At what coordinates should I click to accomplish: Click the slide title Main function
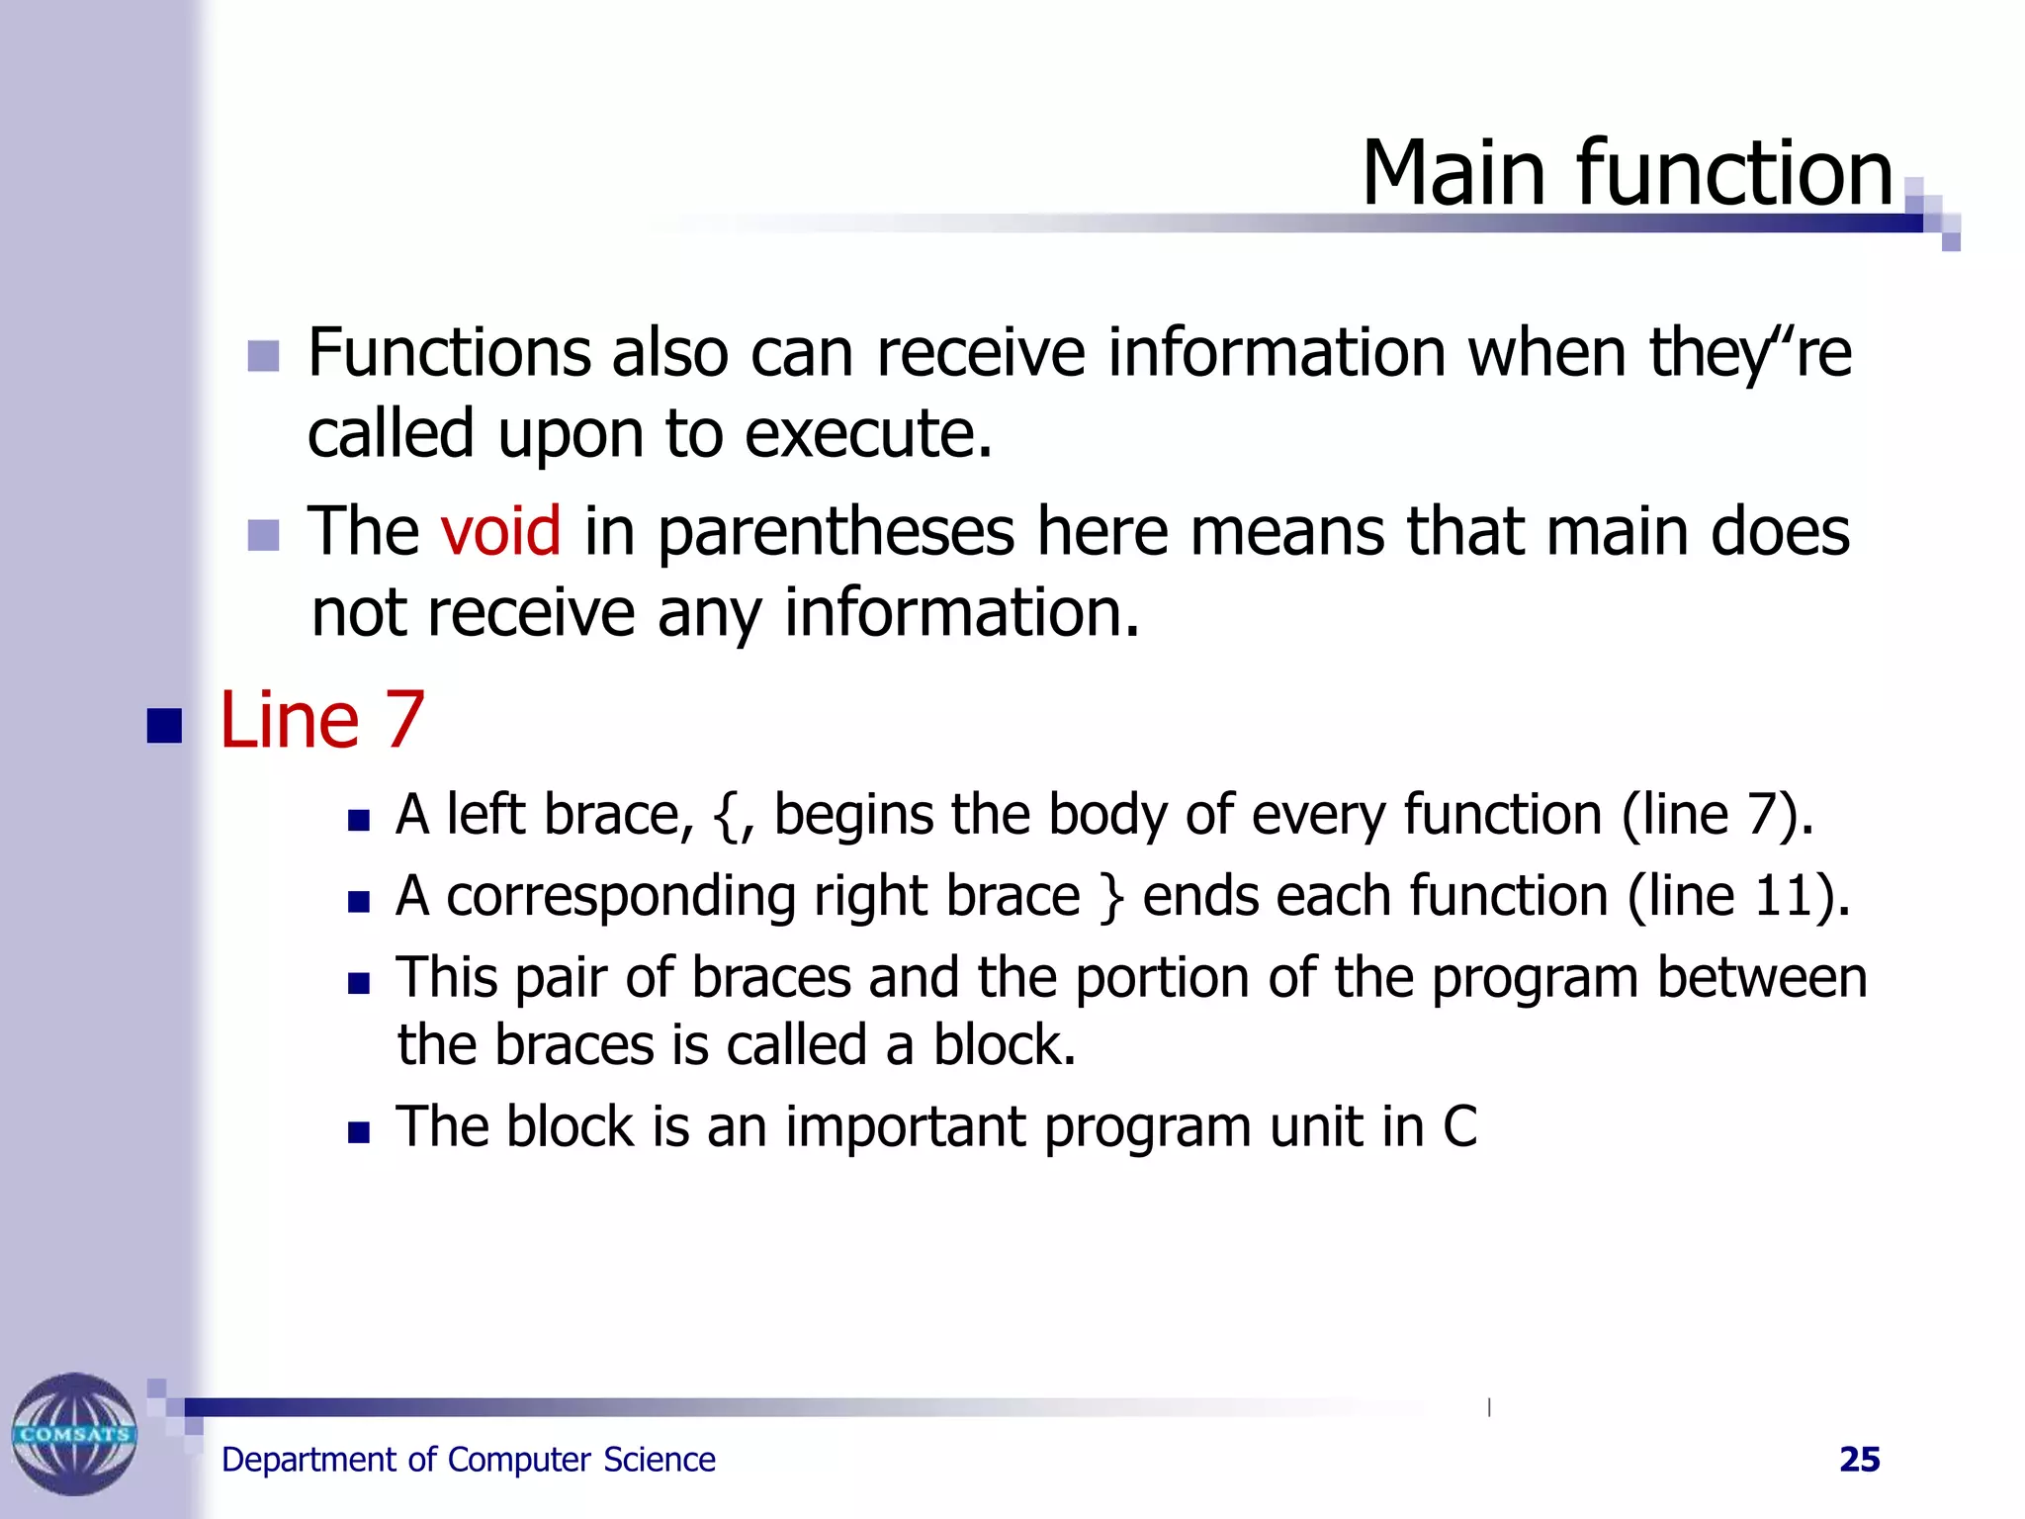pyautogui.click(x=1627, y=174)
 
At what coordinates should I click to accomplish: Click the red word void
pyautogui.click(x=500, y=531)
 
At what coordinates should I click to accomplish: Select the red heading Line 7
pyautogui.click(x=321, y=720)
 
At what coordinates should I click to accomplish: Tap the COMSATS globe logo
pyautogui.click(x=74, y=1434)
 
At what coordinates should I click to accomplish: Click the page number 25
pyautogui.click(x=1859, y=1460)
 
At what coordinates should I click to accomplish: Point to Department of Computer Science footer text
pyautogui.click(x=468, y=1460)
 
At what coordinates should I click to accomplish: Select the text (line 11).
pyautogui.click(x=1737, y=896)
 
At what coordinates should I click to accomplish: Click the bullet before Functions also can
pyautogui.click(x=263, y=356)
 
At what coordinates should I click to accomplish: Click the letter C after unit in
pyautogui.click(x=1459, y=1127)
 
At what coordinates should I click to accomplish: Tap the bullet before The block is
pyautogui.click(x=359, y=1132)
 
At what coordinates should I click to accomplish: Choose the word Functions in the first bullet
pyautogui.click(x=448, y=353)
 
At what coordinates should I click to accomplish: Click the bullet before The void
pyautogui.click(x=263, y=535)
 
